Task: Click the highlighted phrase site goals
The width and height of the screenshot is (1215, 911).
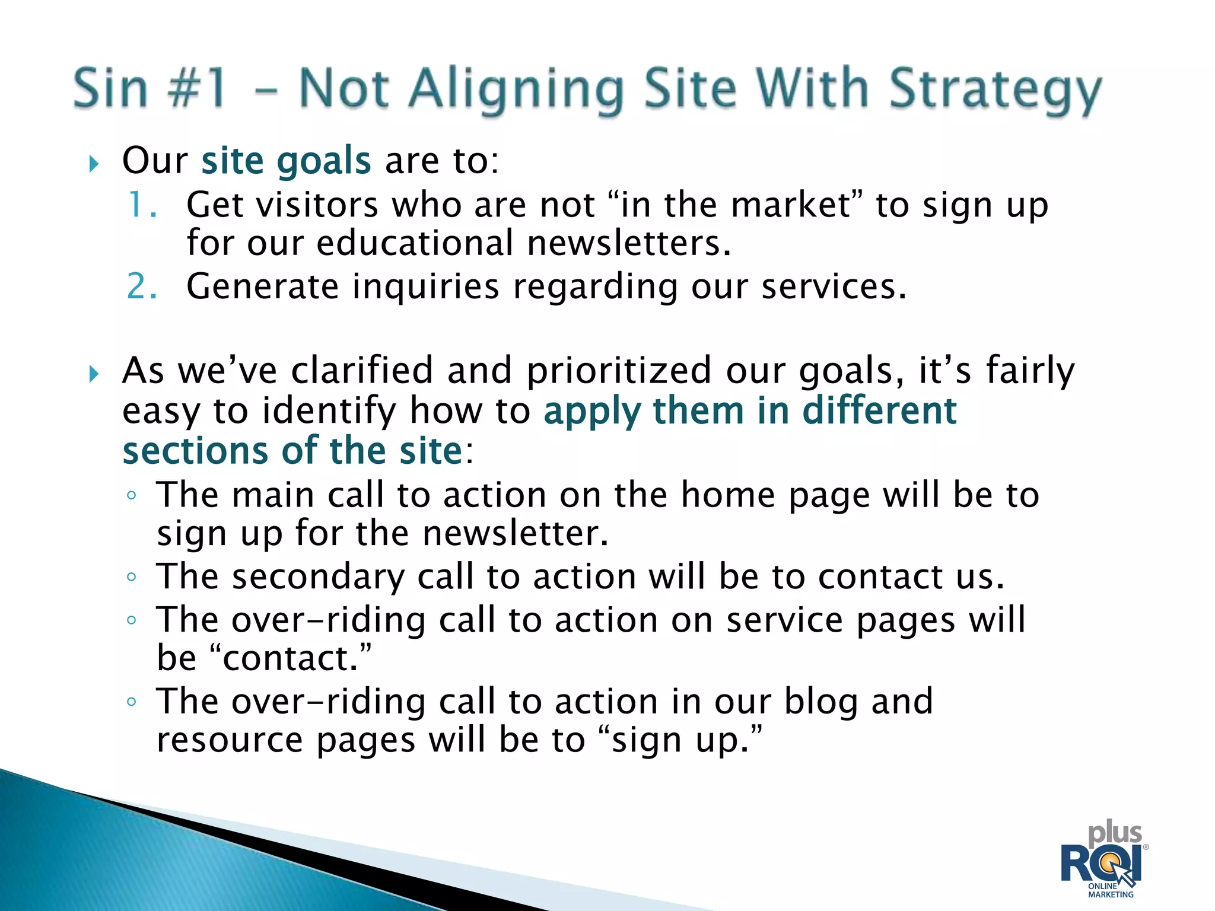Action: pos(286,161)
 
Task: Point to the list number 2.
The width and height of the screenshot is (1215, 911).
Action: pos(142,286)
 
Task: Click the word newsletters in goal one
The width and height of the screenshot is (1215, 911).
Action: pos(628,243)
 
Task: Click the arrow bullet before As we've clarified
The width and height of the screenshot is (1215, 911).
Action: pos(94,374)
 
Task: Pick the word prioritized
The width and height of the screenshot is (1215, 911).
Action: pos(619,371)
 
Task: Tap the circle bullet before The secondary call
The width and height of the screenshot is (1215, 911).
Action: pos(132,577)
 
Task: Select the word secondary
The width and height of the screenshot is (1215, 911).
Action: pos(317,577)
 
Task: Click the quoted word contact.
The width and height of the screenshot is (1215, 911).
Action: pos(291,658)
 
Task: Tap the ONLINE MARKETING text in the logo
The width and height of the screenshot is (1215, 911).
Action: pos(1110,890)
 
